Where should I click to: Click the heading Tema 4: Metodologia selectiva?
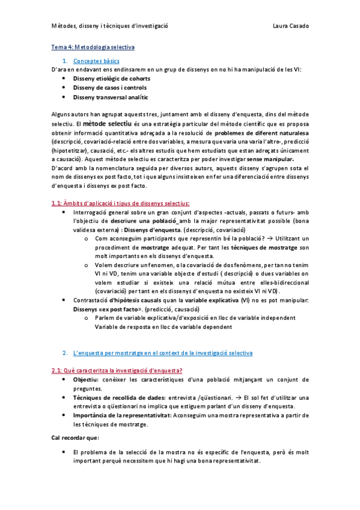tap(93, 46)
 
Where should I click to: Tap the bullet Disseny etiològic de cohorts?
tap(111, 78)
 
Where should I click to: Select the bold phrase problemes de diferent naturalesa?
tap(261, 132)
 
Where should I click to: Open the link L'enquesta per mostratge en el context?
tap(162, 352)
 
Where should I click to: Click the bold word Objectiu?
tap(85, 379)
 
